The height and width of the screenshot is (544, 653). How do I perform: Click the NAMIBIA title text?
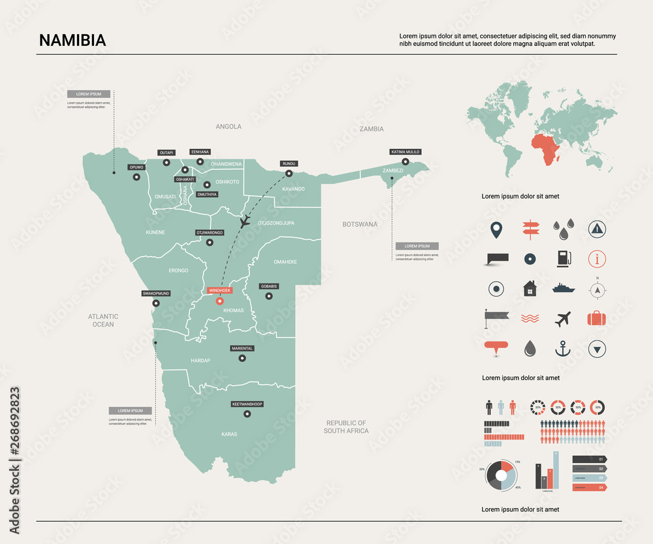72,40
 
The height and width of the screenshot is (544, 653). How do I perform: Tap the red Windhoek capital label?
219,290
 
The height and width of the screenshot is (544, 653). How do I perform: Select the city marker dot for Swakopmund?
155,303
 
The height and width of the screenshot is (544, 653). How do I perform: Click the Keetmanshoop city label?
247,405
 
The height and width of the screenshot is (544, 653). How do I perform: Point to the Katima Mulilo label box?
406,152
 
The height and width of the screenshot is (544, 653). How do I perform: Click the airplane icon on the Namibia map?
244,222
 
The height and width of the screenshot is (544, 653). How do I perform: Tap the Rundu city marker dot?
289,174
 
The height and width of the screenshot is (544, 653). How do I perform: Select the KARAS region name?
229,434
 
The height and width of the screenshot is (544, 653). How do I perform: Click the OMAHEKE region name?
285,262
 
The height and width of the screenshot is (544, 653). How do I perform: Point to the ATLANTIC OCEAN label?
103,320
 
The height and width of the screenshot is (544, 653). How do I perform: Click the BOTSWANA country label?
360,225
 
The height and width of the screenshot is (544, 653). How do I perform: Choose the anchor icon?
562,349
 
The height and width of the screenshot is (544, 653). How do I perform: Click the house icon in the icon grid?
529,288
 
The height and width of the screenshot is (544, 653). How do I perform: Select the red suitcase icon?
596,318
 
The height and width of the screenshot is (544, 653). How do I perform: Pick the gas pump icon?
562,258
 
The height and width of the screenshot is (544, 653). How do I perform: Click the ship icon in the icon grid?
563,288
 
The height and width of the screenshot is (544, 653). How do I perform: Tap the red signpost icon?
529,228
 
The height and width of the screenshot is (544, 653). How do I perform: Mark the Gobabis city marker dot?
268,296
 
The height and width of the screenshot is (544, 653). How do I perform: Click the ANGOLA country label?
229,127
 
